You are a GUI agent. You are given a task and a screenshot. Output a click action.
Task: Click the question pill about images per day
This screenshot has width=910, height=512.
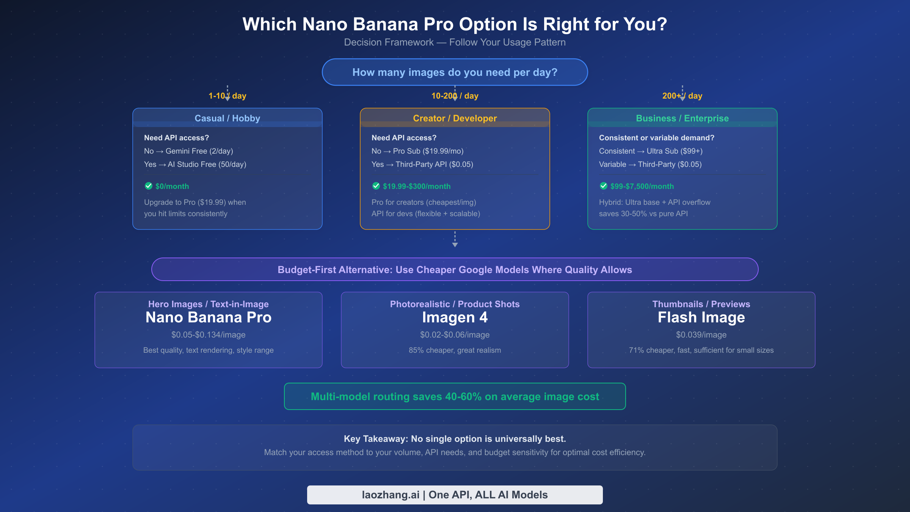455,72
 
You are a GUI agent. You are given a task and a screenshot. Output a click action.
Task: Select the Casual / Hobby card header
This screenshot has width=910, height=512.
227,118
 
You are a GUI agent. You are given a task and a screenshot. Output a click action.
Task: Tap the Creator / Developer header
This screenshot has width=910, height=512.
455,118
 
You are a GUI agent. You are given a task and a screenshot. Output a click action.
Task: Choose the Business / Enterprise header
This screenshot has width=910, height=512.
682,118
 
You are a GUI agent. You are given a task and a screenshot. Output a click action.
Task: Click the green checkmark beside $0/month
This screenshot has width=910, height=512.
149,186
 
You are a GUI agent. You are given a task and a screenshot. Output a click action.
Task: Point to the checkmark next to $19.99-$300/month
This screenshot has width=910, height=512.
376,186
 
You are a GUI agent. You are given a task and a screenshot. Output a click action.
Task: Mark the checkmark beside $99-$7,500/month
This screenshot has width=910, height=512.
604,186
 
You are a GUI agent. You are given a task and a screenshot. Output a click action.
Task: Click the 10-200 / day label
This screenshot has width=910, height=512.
455,96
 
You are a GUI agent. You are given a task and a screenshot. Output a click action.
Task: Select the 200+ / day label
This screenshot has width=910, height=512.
682,96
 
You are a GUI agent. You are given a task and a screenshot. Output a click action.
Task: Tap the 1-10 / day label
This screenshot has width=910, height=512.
227,96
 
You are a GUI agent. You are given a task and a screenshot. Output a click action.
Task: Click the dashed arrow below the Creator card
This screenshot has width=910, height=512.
455,240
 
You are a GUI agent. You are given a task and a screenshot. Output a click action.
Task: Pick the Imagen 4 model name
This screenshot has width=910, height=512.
455,317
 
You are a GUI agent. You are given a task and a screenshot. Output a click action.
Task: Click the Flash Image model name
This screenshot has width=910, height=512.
701,317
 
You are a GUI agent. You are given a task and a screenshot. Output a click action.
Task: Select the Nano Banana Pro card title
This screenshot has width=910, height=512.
209,317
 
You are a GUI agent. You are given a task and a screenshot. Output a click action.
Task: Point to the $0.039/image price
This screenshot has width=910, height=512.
701,335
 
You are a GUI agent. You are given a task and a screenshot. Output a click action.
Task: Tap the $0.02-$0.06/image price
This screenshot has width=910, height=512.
455,335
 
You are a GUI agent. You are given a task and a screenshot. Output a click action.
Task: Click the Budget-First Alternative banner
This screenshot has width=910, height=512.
455,270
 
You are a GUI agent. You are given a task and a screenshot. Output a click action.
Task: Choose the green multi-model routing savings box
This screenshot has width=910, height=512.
455,396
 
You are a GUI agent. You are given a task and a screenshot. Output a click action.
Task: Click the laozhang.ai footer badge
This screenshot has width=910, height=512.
455,495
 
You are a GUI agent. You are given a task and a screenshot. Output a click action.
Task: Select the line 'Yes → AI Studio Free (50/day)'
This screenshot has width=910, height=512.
195,164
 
